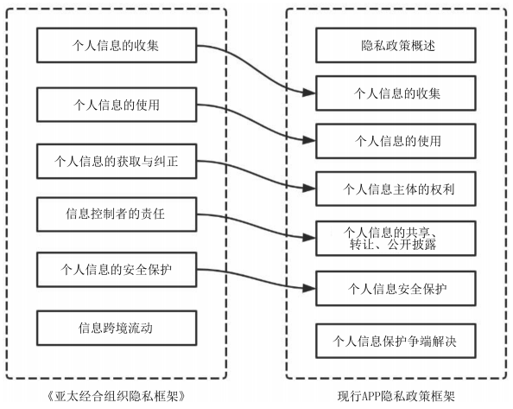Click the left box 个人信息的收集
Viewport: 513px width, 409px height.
[117, 45]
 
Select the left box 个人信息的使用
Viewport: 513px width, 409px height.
[117, 105]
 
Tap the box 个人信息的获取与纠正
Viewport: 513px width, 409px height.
[117, 161]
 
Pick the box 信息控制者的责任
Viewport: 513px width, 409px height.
[117, 214]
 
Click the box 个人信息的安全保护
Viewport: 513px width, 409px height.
[117, 270]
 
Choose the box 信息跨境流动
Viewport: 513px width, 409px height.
[117, 328]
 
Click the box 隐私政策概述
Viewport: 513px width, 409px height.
[396, 45]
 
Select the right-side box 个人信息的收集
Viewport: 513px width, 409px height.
[396, 93]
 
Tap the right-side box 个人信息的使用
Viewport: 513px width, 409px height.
[396, 141]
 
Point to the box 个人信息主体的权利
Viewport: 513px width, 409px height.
[396, 189]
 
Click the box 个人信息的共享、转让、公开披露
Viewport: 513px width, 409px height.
[396, 238]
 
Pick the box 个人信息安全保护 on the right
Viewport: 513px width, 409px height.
[396, 288]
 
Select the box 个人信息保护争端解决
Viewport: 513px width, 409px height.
[396, 341]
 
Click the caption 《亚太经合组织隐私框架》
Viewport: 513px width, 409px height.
[117, 396]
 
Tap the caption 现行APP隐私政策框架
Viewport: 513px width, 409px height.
[396, 396]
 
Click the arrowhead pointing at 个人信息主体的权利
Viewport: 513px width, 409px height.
[309, 189]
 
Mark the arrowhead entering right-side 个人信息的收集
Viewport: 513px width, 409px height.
[309, 93]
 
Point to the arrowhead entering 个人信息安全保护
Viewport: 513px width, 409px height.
[309, 288]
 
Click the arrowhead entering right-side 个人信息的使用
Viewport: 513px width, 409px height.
[309, 140]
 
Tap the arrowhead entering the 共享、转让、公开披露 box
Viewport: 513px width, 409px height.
[309, 238]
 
